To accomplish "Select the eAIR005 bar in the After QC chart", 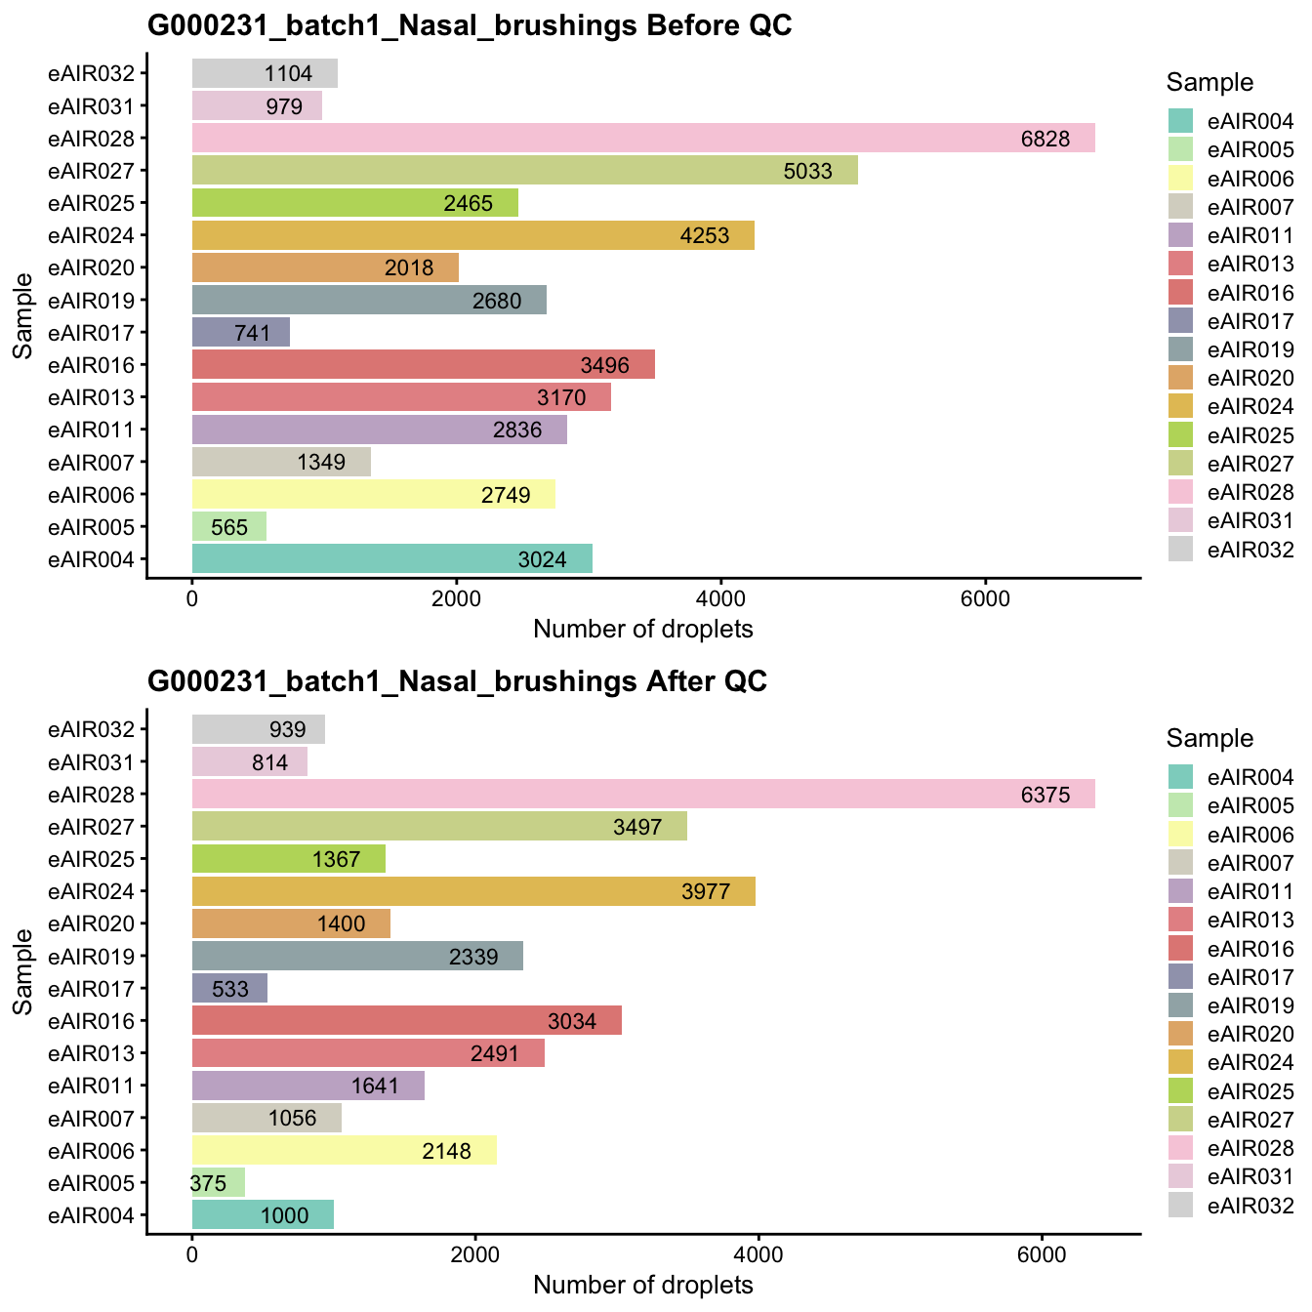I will coord(219,1183).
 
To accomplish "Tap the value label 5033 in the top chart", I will coord(807,172).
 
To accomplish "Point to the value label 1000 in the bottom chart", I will coord(284,1216).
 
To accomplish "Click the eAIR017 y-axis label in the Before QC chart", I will coord(98,333).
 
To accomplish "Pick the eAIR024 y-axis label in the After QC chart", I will coord(98,891).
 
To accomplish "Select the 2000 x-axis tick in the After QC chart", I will coord(475,1254).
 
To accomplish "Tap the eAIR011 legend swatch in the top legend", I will coord(1181,235).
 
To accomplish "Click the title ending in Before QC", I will coord(470,26).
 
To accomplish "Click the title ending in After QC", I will coord(457,681).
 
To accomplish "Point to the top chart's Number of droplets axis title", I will coord(643,630).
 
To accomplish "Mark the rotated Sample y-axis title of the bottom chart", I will coord(23,971).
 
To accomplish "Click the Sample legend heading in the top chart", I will coord(1209,83).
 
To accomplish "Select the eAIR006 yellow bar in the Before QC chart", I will coord(373,494).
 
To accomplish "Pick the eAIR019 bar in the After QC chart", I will coord(357,956).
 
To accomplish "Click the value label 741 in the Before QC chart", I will coord(252,334).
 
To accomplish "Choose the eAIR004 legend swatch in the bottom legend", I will coord(1181,777).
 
